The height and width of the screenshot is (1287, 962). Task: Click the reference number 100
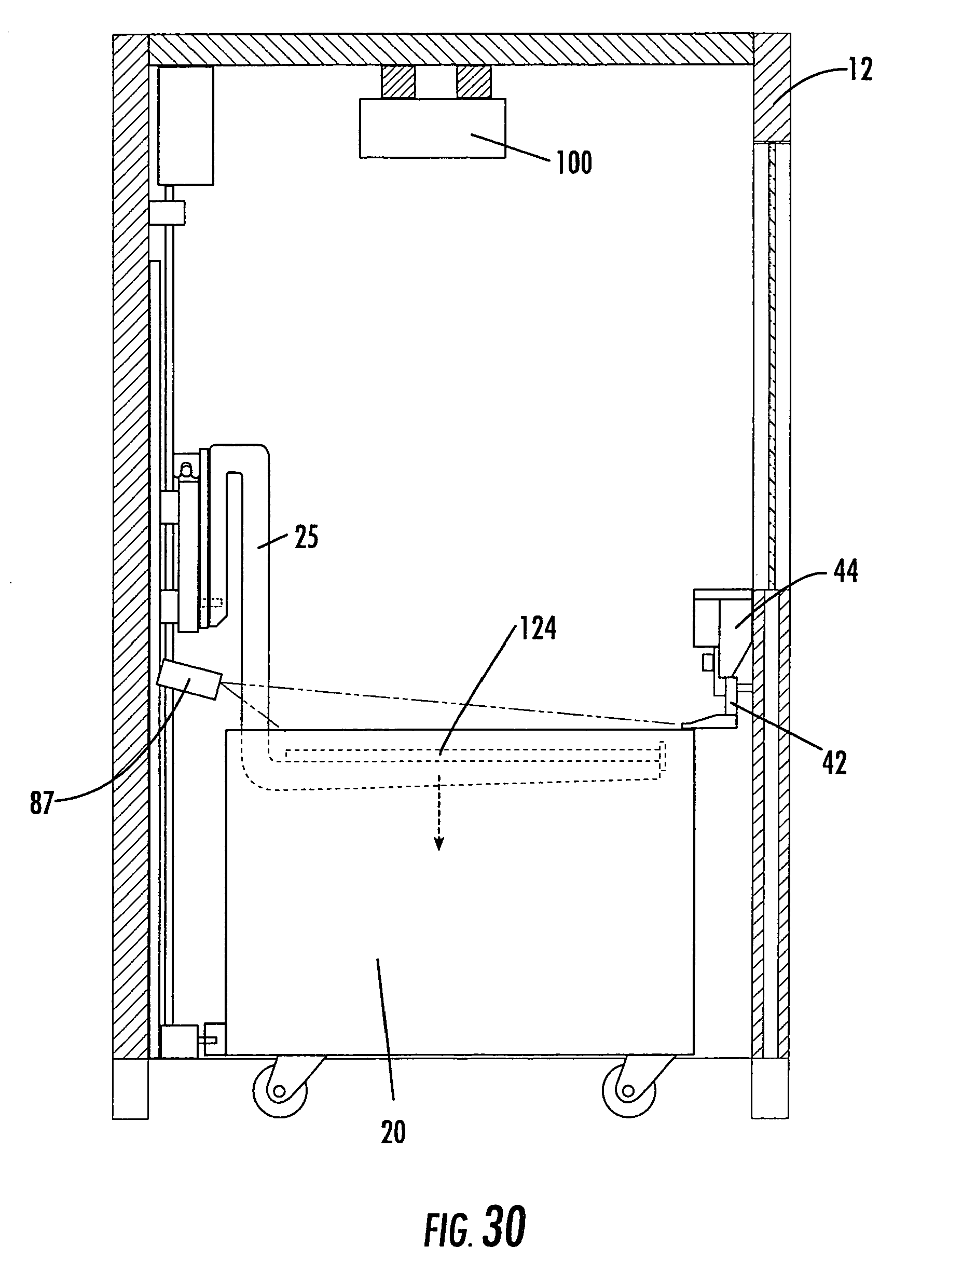574,162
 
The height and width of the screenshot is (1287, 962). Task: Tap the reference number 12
860,69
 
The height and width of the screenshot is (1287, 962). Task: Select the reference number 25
307,537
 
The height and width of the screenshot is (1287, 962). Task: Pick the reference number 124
538,628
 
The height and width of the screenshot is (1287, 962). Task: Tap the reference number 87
42,803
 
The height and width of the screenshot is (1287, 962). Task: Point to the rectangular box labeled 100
432,128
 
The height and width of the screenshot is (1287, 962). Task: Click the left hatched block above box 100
398,81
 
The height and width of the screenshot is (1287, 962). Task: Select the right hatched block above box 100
473,81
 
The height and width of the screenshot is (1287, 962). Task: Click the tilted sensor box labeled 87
189,679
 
